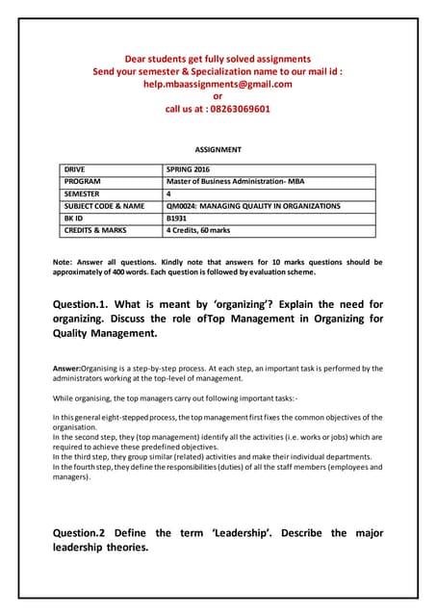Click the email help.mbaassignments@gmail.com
(218, 84)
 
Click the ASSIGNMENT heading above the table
(218, 150)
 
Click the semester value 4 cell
(169, 193)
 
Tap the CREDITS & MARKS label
(95, 231)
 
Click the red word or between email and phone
(218, 96)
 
